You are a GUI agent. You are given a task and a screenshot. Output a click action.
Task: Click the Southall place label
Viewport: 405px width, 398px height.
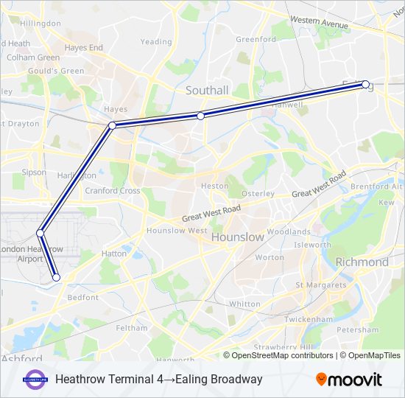click(x=207, y=90)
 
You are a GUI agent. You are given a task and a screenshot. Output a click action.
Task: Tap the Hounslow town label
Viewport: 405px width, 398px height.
click(x=237, y=237)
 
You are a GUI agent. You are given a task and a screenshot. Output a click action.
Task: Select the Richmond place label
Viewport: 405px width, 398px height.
click(x=362, y=262)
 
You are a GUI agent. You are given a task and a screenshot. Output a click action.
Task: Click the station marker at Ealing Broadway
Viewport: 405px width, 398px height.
click(x=365, y=85)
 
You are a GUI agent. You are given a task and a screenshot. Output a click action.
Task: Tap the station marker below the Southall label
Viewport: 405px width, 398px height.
click(x=200, y=116)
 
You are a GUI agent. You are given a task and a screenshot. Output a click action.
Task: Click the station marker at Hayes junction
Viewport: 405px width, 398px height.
click(x=113, y=125)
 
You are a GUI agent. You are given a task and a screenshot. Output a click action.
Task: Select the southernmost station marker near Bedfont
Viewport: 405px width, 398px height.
click(x=56, y=278)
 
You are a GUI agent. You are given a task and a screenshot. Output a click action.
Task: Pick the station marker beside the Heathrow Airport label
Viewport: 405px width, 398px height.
click(x=40, y=234)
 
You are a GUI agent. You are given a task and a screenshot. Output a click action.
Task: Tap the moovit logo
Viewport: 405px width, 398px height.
click(x=349, y=379)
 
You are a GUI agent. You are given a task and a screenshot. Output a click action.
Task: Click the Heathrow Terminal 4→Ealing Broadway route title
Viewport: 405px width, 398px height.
click(x=158, y=380)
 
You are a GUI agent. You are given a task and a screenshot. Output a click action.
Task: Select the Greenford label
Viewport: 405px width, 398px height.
click(x=256, y=39)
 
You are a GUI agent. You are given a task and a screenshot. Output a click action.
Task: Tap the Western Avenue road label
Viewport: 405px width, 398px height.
click(x=318, y=23)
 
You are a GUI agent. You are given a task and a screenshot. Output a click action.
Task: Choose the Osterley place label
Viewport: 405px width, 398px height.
click(x=258, y=193)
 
